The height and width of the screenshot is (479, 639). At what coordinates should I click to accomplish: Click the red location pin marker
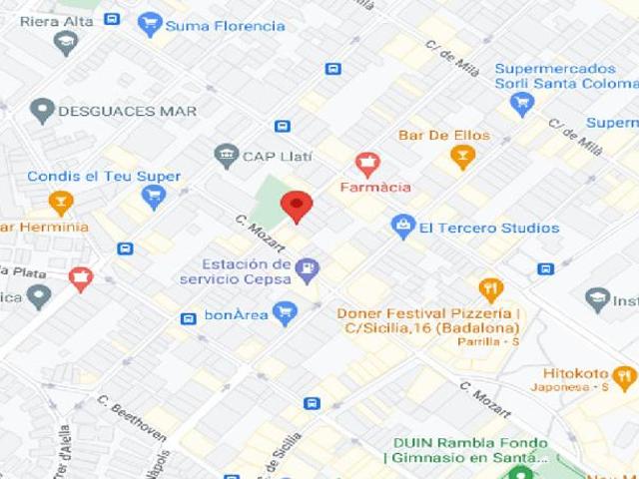[296, 206]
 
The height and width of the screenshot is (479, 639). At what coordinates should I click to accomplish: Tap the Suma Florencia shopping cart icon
[150, 25]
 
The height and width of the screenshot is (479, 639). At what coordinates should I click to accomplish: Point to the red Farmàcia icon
[367, 163]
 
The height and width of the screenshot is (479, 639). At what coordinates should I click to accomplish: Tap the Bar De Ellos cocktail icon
[461, 156]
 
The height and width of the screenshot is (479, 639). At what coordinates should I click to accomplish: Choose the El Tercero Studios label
[488, 228]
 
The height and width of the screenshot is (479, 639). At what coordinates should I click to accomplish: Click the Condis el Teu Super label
[104, 177]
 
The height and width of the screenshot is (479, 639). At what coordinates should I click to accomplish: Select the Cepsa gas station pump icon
[308, 267]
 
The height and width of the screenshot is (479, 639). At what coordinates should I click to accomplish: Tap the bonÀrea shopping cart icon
[285, 313]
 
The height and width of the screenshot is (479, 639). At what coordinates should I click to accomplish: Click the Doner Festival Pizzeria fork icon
[490, 289]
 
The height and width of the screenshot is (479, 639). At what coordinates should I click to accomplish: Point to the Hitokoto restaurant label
[570, 367]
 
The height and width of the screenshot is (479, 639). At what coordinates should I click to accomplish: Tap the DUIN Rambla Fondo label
[469, 443]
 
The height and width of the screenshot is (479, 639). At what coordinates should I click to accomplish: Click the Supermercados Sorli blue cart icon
[522, 104]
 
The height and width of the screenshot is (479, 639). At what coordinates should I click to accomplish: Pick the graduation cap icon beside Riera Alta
[66, 43]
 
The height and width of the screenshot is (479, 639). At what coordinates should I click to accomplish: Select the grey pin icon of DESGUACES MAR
[42, 111]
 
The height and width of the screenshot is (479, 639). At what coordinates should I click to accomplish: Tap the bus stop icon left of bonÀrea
[188, 318]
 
